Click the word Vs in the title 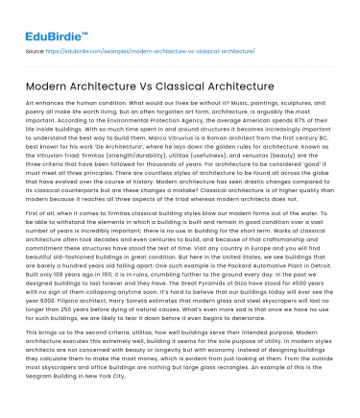click(144, 88)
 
